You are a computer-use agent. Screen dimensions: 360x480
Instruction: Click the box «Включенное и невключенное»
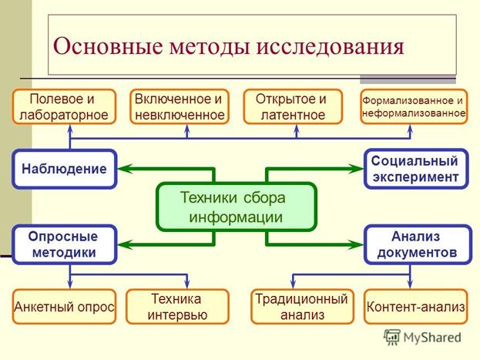click(x=179, y=107)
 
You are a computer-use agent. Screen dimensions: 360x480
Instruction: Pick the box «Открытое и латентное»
click(x=296, y=107)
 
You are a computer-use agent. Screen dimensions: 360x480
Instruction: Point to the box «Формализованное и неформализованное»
click(x=413, y=107)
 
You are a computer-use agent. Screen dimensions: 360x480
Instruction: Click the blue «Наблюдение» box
click(x=65, y=168)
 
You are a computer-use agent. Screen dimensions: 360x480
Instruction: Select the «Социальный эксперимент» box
click(x=415, y=168)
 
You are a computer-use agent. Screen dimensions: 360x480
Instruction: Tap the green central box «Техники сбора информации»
click(x=237, y=206)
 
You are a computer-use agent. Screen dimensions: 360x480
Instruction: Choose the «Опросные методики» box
click(x=65, y=244)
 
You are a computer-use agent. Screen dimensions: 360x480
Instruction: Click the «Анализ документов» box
click(x=415, y=244)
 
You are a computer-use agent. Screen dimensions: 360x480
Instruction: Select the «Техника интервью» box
click(x=177, y=307)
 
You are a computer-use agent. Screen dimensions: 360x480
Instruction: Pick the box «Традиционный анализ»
click(x=301, y=307)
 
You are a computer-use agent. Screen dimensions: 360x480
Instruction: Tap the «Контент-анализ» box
click(x=415, y=307)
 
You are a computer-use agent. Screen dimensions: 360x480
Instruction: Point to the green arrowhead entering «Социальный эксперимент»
click(x=356, y=168)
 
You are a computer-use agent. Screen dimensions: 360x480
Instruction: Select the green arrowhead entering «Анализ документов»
click(x=356, y=244)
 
